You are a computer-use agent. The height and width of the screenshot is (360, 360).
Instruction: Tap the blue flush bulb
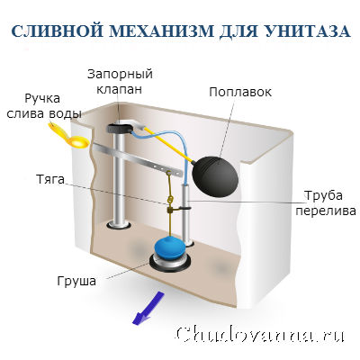coord(169,247)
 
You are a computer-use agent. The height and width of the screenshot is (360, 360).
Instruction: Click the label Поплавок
coord(240,92)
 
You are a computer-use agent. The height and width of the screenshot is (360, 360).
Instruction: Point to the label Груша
coord(76,281)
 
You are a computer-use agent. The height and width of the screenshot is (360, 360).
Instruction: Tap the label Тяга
coord(50,179)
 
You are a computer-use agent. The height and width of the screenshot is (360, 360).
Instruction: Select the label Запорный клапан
coord(120,82)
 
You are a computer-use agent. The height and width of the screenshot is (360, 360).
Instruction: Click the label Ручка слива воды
coord(44,106)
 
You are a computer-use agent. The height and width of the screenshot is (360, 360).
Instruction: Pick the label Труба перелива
coord(326,203)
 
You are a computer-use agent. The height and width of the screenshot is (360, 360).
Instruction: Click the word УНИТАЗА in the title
coord(307,31)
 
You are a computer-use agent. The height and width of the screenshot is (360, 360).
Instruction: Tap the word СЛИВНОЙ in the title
coord(53,31)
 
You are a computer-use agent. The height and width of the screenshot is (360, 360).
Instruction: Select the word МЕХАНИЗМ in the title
coord(157,31)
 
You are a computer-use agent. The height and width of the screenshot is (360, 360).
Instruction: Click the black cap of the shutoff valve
coord(120,129)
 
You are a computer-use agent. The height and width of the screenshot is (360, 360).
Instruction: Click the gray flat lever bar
coord(138,160)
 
